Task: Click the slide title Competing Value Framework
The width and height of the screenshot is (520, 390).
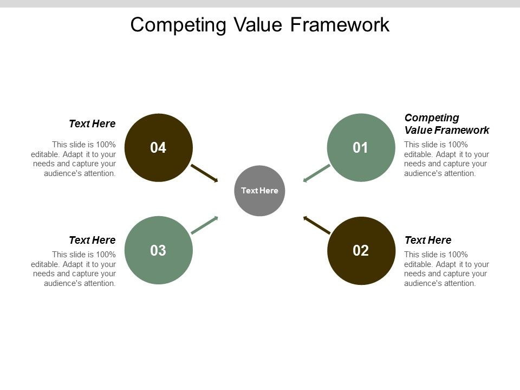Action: click(260, 25)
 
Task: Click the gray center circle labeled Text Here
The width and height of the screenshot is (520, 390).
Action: click(259, 191)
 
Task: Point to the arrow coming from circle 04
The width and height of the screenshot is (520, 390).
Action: click(204, 173)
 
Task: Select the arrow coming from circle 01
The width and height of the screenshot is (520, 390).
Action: click(316, 173)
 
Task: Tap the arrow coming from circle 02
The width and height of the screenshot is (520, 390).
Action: click(317, 225)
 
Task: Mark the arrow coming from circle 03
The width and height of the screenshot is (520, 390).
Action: click(204, 225)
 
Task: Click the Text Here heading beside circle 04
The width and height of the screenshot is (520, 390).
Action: click(92, 123)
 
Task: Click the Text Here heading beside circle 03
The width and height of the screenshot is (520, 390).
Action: click(92, 240)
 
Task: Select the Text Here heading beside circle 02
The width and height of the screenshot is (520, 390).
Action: click(428, 240)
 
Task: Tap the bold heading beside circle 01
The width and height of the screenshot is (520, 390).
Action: click(447, 124)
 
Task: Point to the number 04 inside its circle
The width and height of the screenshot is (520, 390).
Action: click(158, 148)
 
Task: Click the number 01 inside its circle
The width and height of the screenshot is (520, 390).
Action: click(361, 148)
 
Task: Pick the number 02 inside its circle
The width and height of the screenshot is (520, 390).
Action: click(361, 251)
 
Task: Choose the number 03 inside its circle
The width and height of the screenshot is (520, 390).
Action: click(158, 251)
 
